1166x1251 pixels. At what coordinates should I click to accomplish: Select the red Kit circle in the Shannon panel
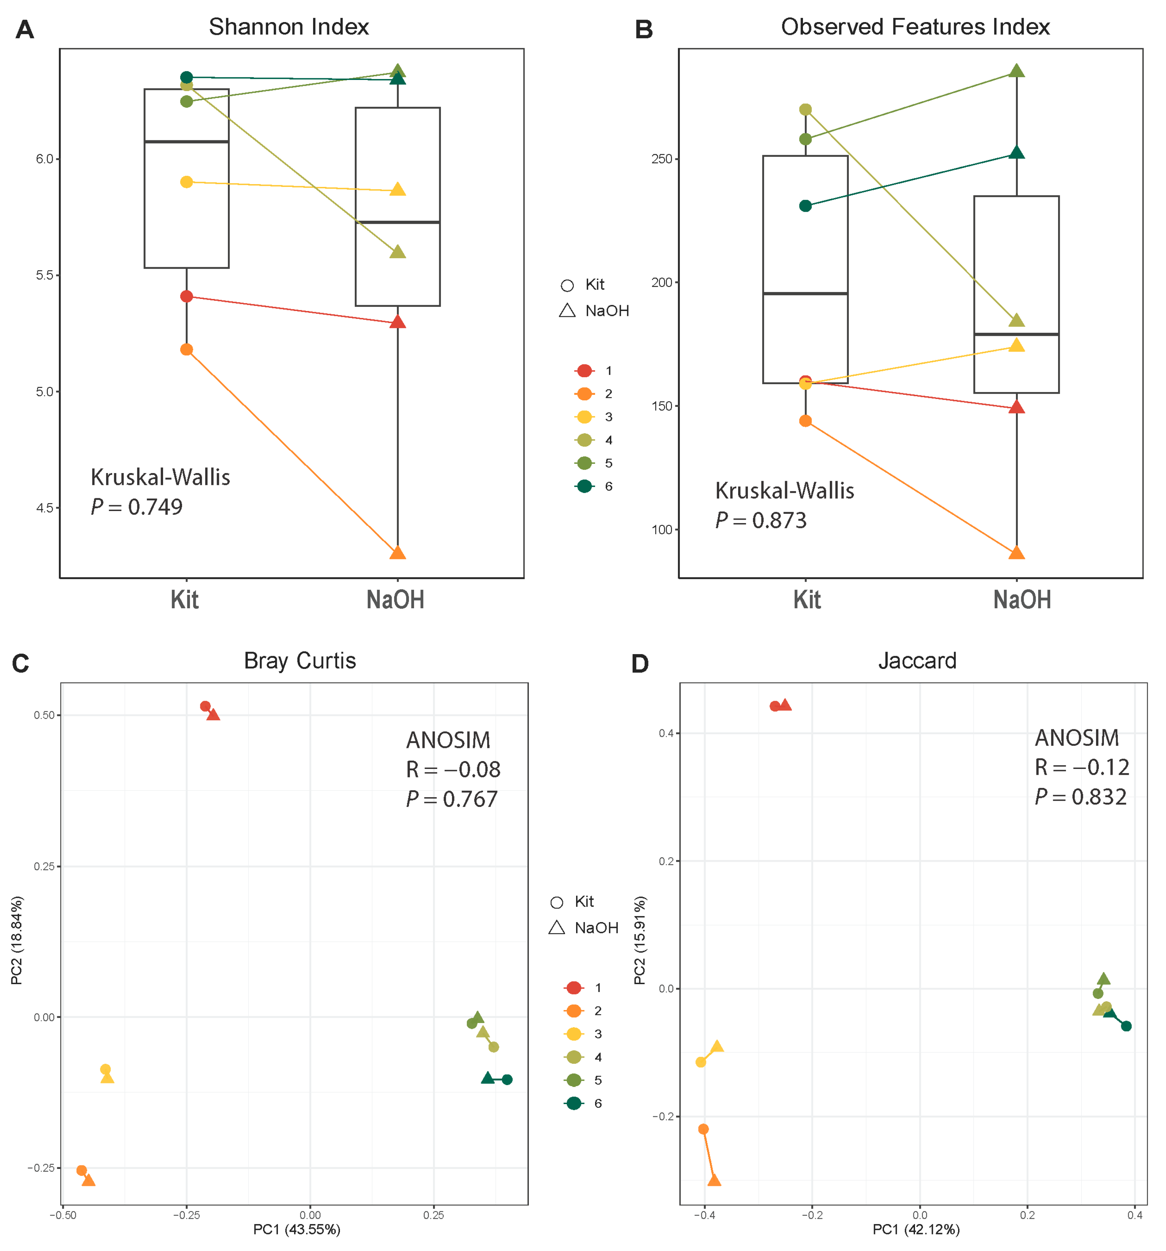[186, 297]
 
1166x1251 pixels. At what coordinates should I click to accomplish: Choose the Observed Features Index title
[915, 27]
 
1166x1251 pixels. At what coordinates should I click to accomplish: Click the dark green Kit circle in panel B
[805, 206]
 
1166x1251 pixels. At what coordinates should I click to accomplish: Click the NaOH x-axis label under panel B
[1022, 600]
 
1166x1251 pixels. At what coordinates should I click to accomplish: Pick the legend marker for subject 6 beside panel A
[585, 486]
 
